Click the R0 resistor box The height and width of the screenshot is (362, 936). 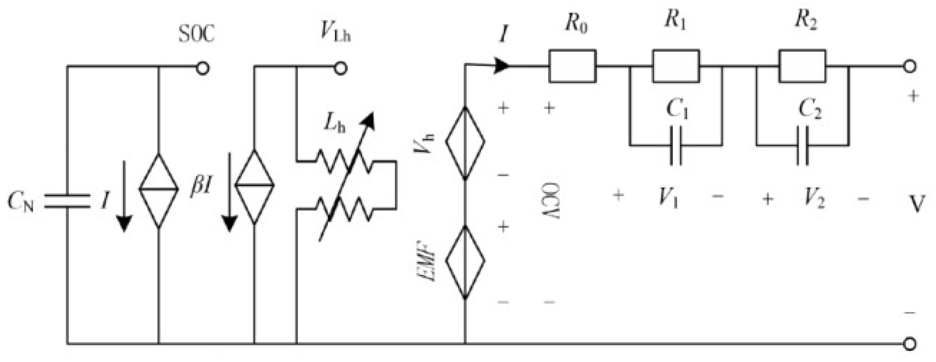[572, 66]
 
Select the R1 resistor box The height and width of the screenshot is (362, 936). [676, 66]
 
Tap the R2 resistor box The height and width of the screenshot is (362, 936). [802, 66]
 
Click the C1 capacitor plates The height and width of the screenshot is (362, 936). [676, 145]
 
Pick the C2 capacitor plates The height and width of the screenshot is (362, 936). [802, 145]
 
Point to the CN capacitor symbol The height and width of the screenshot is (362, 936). [67, 201]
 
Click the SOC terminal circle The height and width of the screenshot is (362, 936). [203, 68]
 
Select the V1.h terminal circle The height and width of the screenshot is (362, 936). [341, 68]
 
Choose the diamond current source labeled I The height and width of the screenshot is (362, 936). [159, 190]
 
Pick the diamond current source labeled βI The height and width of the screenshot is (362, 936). [254, 186]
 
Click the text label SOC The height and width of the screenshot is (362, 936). [196, 34]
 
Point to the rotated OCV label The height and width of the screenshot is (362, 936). [550, 201]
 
